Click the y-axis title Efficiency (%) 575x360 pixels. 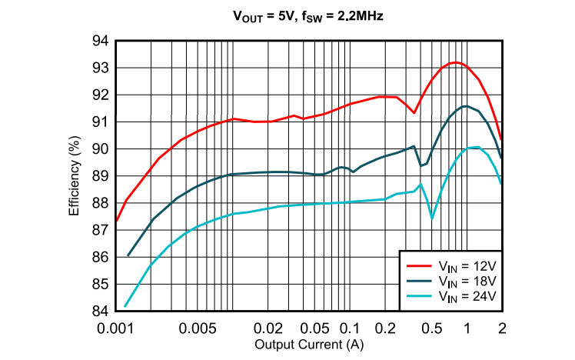click(75, 176)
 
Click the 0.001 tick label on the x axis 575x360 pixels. click(116, 327)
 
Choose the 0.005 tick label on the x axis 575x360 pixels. click(198, 327)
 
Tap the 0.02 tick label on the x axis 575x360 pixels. click(268, 327)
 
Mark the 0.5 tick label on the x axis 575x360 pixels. click(432, 327)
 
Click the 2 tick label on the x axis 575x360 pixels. click(502, 327)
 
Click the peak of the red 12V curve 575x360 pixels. click(456, 62)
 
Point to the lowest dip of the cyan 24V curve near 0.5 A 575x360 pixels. click(432, 218)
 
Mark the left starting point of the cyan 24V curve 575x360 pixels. click(125, 306)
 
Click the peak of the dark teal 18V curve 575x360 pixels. click(465, 106)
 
